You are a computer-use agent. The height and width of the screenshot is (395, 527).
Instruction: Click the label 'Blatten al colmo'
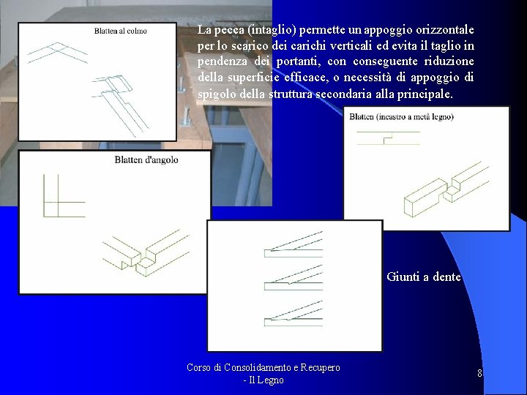pos(120,31)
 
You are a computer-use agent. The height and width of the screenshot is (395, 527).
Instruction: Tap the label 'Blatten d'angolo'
pos(146,159)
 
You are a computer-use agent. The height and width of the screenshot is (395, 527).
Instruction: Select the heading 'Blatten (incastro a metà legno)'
pos(401,117)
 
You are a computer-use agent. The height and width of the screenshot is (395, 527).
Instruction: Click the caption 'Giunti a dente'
pos(424,276)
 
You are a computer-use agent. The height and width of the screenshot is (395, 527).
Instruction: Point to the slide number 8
pos(479,373)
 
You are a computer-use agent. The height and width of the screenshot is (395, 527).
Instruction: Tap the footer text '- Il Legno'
pos(263,380)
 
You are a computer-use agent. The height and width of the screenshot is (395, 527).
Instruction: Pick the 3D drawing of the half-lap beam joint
pos(446,189)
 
